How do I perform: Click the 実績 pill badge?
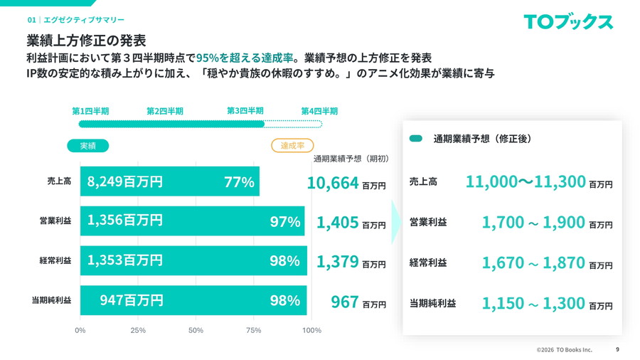tap(87, 145)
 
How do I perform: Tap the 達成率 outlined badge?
tap(292, 145)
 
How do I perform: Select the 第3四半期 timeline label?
tap(245, 111)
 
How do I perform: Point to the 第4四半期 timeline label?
tap(319, 111)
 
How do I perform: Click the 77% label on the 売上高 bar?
tap(239, 182)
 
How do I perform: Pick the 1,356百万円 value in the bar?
tap(125, 221)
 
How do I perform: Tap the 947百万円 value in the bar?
tap(132, 300)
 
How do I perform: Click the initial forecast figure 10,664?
tap(333, 183)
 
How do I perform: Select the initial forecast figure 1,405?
tap(337, 223)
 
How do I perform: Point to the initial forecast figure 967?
tap(345, 302)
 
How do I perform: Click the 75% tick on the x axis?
tap(254, 330)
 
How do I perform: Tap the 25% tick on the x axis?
tap(138, 330)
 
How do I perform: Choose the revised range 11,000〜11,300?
tap(526, 181)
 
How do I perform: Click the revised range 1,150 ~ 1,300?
tap(533, 303)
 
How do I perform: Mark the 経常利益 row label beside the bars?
tap(55, 261)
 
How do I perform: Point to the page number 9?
tap(617, 349)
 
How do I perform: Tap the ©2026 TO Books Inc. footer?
tap(564, 350)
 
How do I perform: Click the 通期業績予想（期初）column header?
tap(351, 158)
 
